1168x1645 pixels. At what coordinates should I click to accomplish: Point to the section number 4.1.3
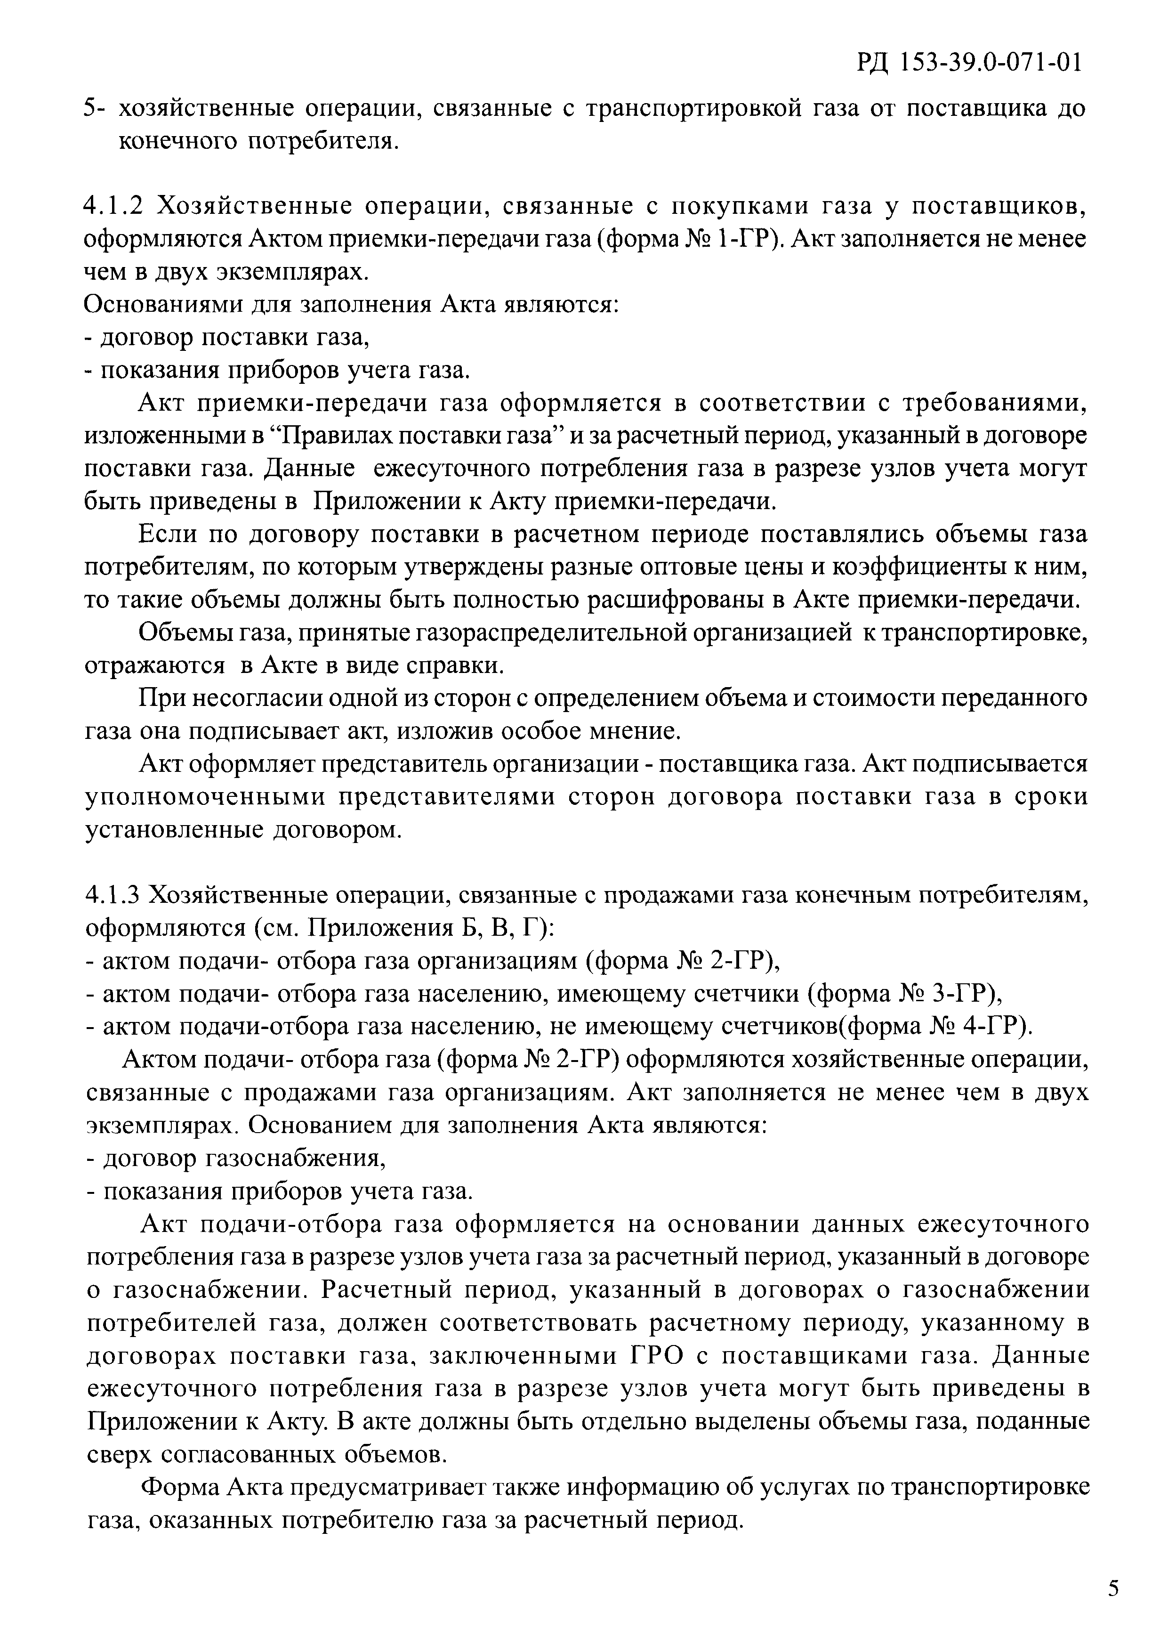(114, 896)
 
